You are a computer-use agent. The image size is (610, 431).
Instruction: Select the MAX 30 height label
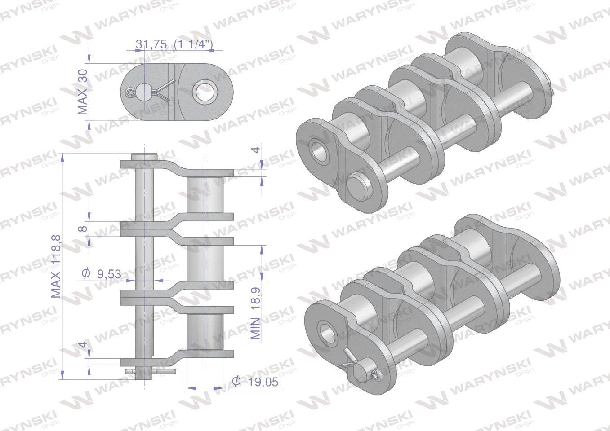click(x=83, y=94)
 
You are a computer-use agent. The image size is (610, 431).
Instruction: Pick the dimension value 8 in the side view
click(x=83, y=229)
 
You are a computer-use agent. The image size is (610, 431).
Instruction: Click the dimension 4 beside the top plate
click(x=256, y=150)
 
